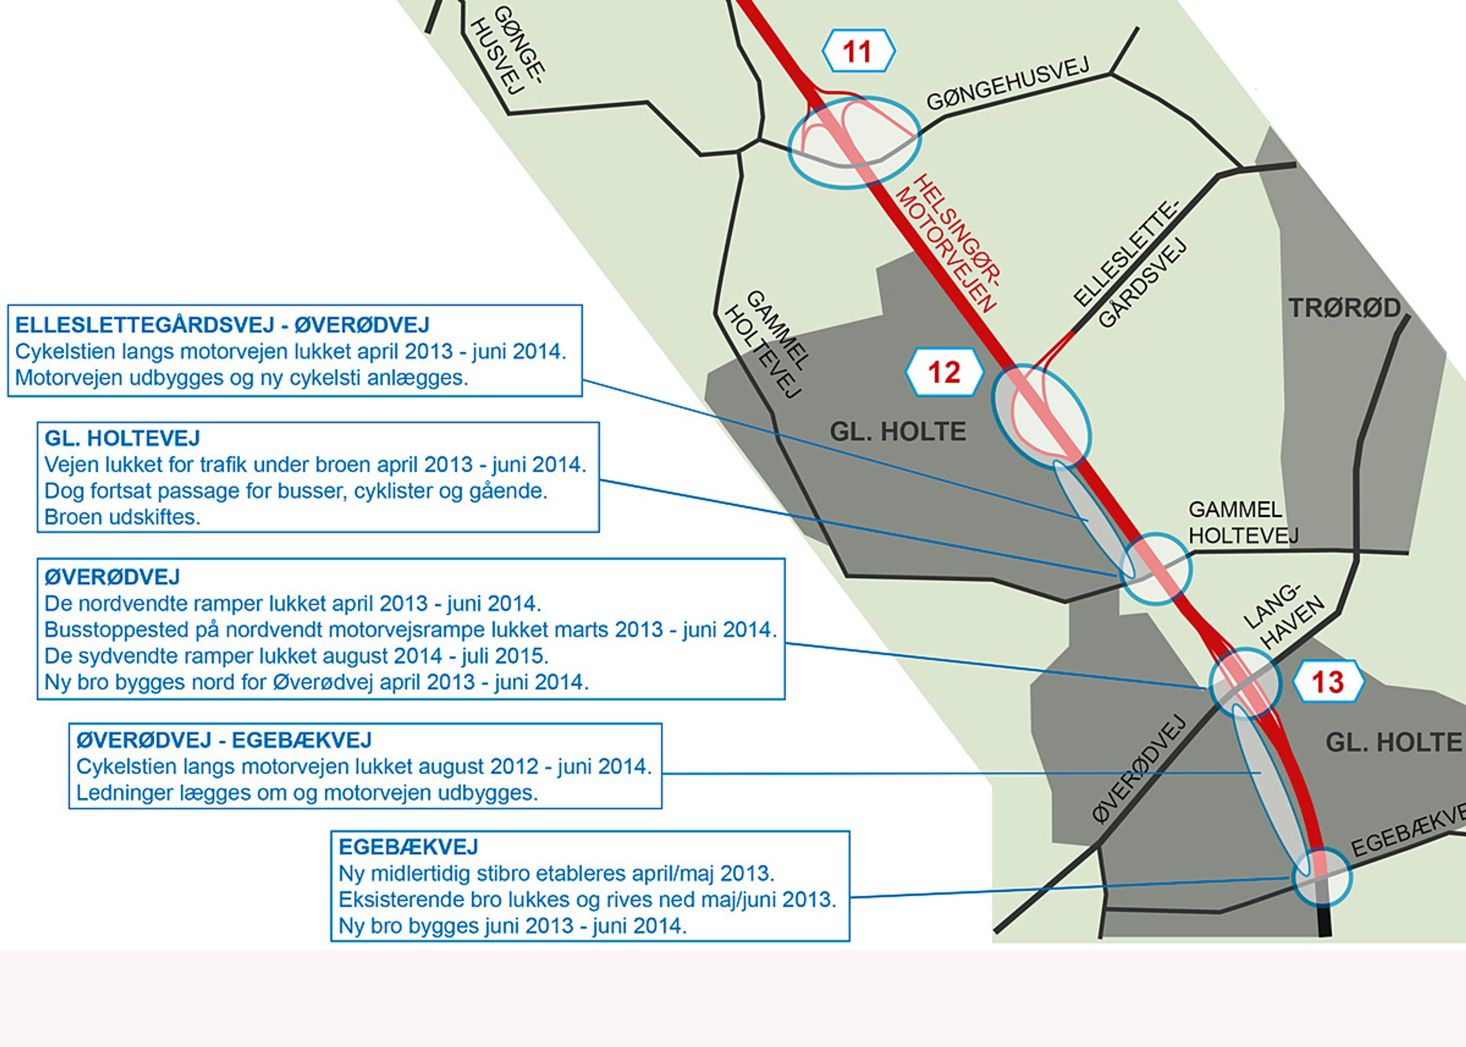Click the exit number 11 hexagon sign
coord(858,51)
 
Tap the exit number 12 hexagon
coord(944,373)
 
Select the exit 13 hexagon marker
coord(1328,682)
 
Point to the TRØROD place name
coord(1344,308)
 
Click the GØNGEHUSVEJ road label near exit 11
coord(1008,84)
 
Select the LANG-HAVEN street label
coord(1282,616)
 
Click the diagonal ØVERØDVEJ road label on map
coord(1139,769)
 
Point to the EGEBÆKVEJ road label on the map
coord(1408,832)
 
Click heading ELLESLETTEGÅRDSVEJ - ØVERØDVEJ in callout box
coord(222,325)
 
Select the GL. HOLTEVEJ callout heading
coord(122,438)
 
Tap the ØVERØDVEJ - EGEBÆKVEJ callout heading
coord(224,740)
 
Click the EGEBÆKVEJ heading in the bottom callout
coord(408,846)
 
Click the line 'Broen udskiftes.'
coord(122,517)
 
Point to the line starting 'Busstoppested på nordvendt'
coord(411,629)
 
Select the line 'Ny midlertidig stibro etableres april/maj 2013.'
coord(556,873)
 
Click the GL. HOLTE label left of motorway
coord(898,431)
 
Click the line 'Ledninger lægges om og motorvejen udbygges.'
coord(307,793)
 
